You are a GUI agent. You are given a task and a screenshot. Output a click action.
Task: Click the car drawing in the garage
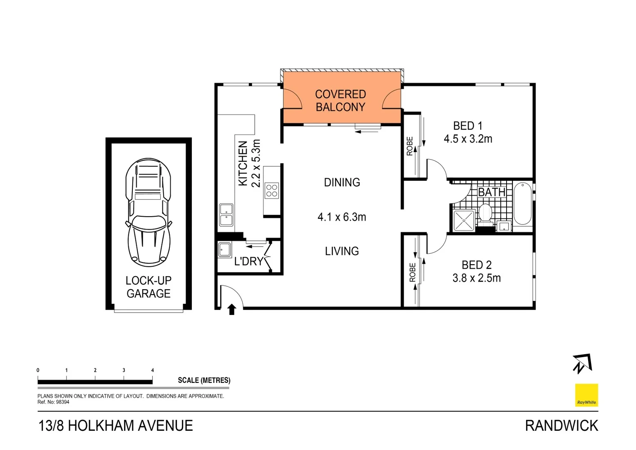(x=148, y=212)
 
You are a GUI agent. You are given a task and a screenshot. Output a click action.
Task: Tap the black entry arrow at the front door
(x=232, y=309)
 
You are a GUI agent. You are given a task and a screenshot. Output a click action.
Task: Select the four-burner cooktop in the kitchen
(x=272, y=191)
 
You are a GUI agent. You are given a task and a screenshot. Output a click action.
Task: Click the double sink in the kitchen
(x=226, y=215)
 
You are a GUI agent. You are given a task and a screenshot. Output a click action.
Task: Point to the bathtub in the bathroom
(x=522, y=204)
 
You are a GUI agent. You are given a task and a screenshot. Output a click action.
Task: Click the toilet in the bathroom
(x=485, y=213)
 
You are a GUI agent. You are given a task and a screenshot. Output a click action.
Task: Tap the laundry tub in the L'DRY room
(x=224, y=250)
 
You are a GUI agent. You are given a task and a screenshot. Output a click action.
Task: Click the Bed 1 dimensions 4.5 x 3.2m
(x=468, y=139)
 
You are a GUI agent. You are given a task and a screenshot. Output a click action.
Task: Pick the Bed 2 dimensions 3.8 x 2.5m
(x=477, y=278)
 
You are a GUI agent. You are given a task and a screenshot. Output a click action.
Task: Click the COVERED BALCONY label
(x=340, y=101)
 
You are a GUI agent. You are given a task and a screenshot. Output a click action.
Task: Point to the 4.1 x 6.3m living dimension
(x=342, y=217)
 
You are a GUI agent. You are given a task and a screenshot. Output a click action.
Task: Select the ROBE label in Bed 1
(x=410, y=146)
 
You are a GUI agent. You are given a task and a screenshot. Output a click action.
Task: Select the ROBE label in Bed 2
(x=412, y=272)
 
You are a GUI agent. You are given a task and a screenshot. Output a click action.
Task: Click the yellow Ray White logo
(x=586, y=395)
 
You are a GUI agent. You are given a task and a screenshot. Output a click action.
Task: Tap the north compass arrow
(x=581, y=363)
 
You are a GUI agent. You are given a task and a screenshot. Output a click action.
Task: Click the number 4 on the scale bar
(x=152, y=370)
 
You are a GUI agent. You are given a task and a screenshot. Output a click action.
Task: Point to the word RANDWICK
(x=561, y=426)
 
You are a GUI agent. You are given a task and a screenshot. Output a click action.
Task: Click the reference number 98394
(x=62, y=402)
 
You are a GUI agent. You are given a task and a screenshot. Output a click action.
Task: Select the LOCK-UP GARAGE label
(x=149, y=287)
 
